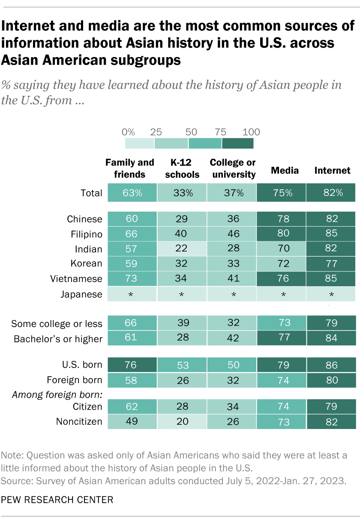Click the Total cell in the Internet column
tap(331, 192)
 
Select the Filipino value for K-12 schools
tap(182, 234)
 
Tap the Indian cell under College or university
tap(232, 249)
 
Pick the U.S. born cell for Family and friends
tap(132, 365)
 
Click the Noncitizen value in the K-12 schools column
tap(182, 421)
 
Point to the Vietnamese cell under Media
tap(282, 279)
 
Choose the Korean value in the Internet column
tap(331, 264)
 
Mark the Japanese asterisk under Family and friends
tap(132, 294)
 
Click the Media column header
tap(285, 171)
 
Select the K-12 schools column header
tap(182, 168)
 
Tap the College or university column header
tap(232, 168)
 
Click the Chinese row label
tap(84, 219)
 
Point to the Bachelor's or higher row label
tap(58, 339)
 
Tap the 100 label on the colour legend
tap(252, 132)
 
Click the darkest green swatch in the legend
tap(238, 143)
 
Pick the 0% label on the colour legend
tap(128, 132)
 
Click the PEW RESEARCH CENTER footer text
tap(57, 500)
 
